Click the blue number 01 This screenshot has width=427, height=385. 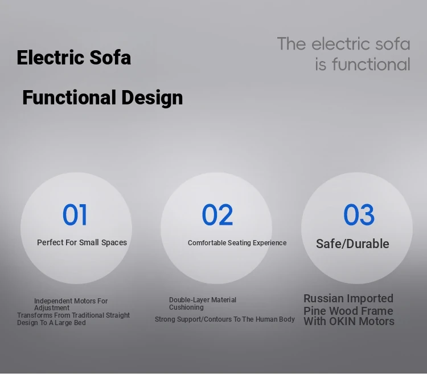pos(75,214)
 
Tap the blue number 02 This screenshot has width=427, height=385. pos(217,214)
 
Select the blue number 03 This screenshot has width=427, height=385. pos(359,214)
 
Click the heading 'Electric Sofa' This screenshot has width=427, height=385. pos(74,58)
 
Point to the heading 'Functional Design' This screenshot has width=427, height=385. pos(102,98)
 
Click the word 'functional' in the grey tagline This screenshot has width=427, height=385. pos(371,64)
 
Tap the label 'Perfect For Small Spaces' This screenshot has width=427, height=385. pos(82,242)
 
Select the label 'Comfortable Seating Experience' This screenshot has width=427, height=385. pos(237,243)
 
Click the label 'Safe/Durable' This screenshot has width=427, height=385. pos(352,244)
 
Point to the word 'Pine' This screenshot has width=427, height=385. pos(314,311)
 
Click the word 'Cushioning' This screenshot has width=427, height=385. pos(186,307)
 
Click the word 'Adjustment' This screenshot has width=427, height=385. pos(52,308)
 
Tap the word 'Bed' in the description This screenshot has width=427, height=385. pos(80,322)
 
